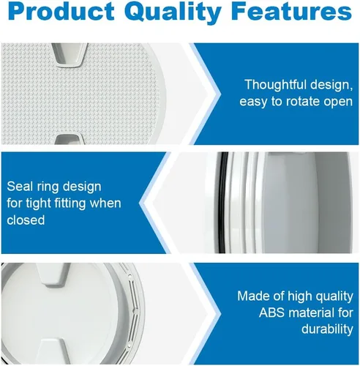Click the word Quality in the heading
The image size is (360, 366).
pyautogui.click(x=175, y=12)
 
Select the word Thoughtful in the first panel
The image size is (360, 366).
pyautogui.click(x=275, y=84)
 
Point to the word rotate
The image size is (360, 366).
pyautogui.click(x=302, y=102)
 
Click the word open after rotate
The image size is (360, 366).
pyautogui.click(x=338, y=102)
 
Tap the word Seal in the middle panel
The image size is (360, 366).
pyautogui.click(x=20, y=187)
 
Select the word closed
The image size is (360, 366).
pyautogui.click(x=26, y=220)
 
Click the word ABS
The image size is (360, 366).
pyautogui.click(x=271, y=313)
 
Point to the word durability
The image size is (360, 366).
pyautogui.click(x=327, y=329)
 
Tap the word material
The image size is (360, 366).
pyautogui.click(x=310, y=313)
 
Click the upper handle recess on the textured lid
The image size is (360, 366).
pyautogui.click(x=70, y=55)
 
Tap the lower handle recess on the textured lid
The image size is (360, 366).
pyautogui.click(x=69, y=138)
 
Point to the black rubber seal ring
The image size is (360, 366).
pyautogui.click(x=220, y=203)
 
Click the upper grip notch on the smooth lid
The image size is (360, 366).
pyautogui.click(x=53, y=274)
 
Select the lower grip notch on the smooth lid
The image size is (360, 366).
pyautogui.click(x=53, y=351)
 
